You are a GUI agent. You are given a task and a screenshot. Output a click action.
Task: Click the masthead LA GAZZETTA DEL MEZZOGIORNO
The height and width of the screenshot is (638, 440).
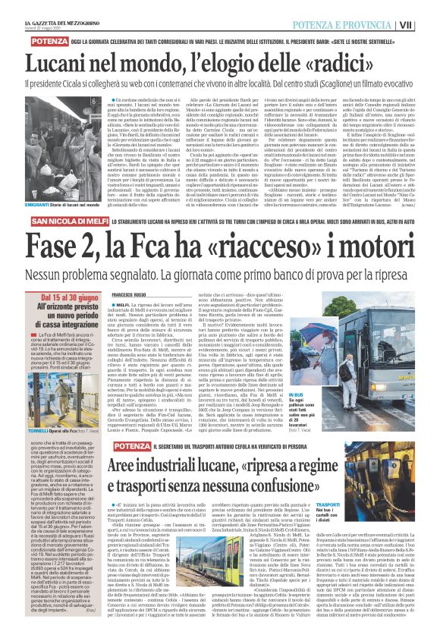click(49, 7)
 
